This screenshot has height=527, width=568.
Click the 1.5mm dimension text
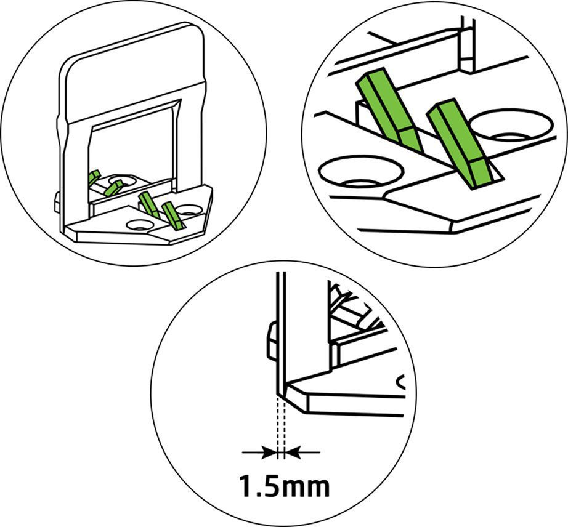click(285, 487)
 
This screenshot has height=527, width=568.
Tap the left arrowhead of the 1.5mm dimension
click(269, 453)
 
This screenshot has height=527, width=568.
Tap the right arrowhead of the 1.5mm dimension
click(293, 453)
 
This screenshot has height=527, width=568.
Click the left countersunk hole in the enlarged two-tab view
click(361, 172)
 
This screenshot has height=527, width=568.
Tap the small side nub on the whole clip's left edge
click(57, 202)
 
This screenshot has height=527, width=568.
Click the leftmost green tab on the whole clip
click(94, 177)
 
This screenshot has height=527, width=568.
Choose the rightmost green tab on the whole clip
click(171, 215)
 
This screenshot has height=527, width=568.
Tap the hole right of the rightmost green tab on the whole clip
click(189, 209)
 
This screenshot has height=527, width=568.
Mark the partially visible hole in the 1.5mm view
click(400, 382)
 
